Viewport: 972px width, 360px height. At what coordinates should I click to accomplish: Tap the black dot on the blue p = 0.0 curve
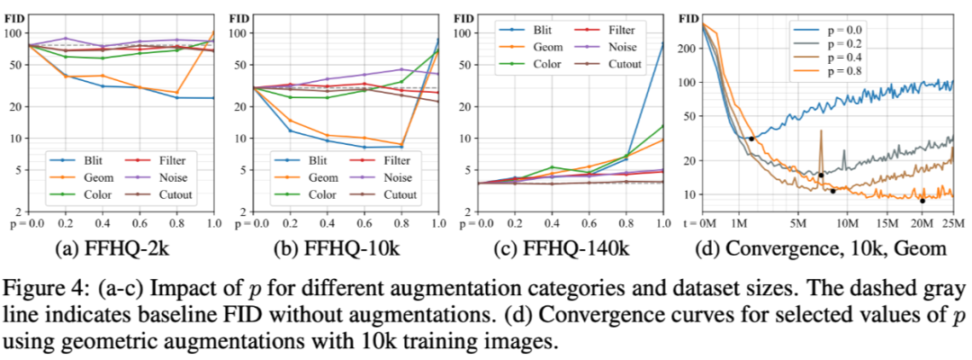pyautogui.click(x=751, y=138)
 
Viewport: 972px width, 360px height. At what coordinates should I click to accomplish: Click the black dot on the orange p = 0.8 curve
pyautogui.click(x=922, y=201)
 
